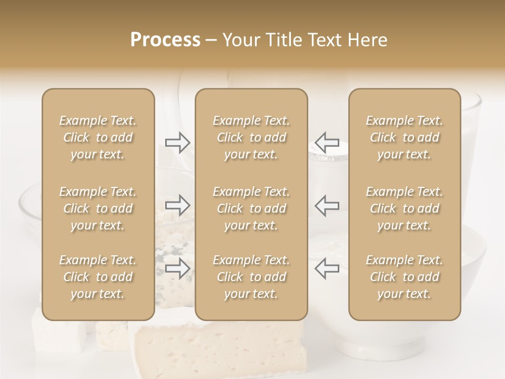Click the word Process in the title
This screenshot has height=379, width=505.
tap(165, 40)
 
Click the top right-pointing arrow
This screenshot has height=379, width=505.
tap(177, 142)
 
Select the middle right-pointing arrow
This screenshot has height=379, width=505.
tap(177, 205)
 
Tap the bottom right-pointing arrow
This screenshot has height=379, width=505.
tap(177, 268)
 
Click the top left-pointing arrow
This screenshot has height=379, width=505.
tap(327, 142)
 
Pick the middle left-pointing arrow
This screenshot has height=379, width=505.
tap(327, 205)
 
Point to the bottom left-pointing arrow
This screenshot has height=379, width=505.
tap(327, 268)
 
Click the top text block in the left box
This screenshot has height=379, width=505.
tap(98, 137)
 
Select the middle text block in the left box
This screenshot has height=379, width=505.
tap(98, 208)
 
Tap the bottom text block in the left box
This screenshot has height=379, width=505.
tap(98, 277)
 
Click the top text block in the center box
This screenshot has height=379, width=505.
tap(251, 137)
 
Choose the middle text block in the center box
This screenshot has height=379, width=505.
tap(251, 208)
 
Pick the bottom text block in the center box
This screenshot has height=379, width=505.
tap(251, 277)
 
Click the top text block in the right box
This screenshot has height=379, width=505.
tap(405, 137)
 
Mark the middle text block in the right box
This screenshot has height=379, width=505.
tap(405, 208)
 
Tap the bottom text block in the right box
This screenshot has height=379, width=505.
tap(405, 277)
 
